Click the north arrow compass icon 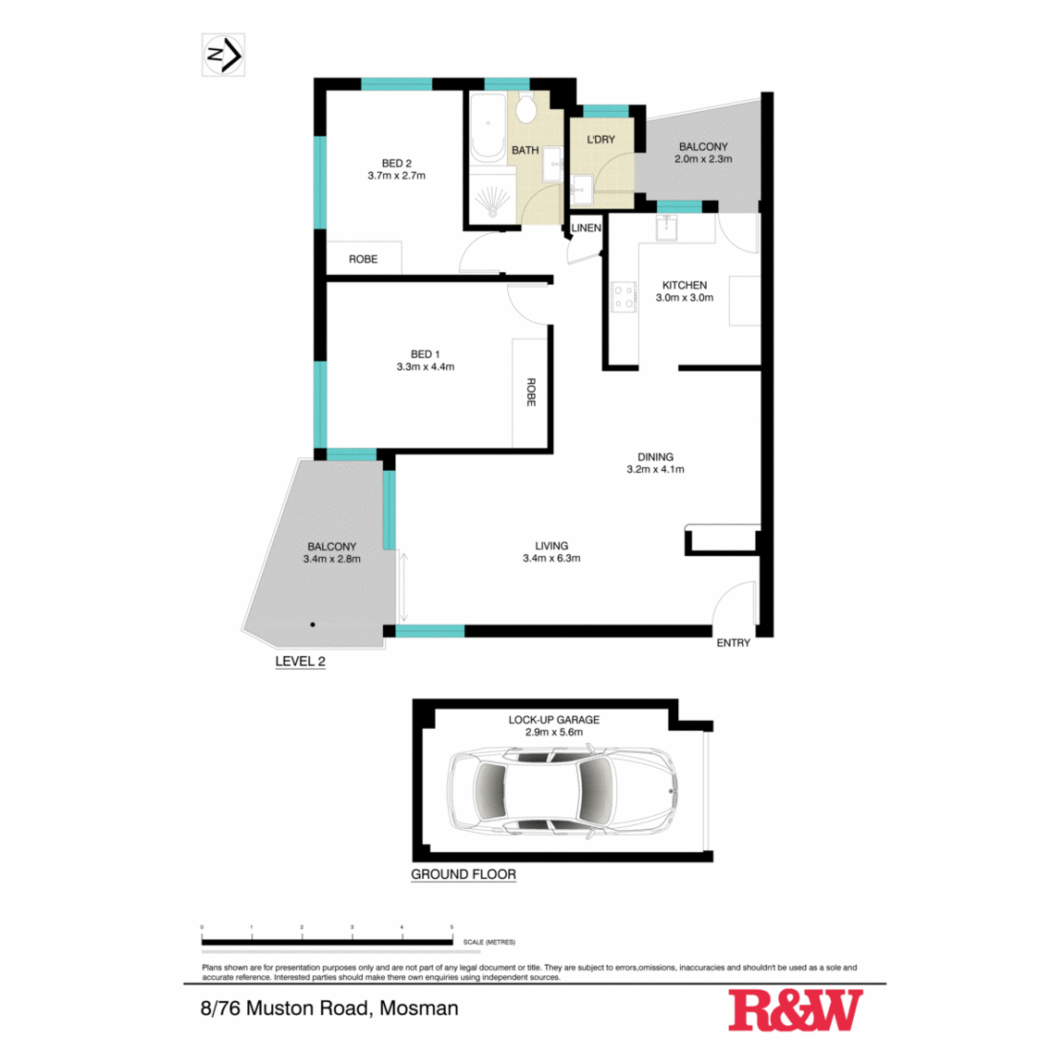click(223, 56)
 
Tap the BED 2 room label click(396, 164)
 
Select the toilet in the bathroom click(526, 109)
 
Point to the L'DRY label click(600, 140)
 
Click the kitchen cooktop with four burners click(625, 297)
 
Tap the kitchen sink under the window click(666, 227)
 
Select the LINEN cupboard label click(586, 228)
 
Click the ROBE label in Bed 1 click(531, 391)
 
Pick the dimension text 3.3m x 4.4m click(425, 367)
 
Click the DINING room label click(655, 457)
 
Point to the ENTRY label click(733, 643)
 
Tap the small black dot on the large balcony click(313, 625)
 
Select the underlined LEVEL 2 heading click(300, 662)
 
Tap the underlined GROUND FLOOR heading click(464, 874)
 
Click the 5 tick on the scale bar click(452, 927)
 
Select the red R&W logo click(795, 1010)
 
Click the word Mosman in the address click(419, 1008)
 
